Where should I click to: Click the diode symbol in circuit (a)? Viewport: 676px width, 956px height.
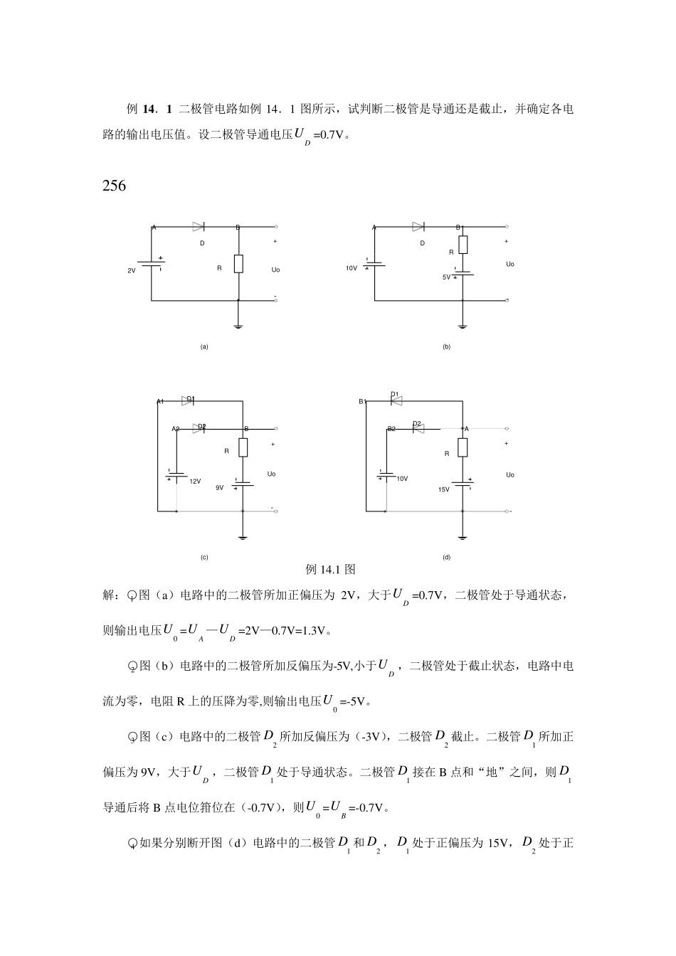pos(199,227)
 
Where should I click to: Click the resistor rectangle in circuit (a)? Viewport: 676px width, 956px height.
pos(238,264)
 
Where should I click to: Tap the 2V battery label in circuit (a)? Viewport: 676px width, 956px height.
pos(131,271)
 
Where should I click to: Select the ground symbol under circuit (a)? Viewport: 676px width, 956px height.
pos(238,326)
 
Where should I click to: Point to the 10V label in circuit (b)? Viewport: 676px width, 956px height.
pos(351,269)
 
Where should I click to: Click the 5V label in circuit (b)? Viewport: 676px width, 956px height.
pos(446,277)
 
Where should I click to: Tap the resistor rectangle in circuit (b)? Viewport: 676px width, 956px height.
pos(463,245)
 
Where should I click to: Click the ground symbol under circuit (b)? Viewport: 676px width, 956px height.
pos(463,326)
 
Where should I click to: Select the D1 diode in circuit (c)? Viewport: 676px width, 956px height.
pos(188,401)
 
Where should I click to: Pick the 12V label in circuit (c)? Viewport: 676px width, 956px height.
pos(195,482)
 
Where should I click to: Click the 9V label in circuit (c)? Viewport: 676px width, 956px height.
pos(219,488)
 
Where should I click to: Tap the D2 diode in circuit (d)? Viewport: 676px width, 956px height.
pos(418,428)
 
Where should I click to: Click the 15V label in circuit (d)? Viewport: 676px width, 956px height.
pos(443,489)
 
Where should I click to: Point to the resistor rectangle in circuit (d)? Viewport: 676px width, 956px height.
pos(463,447)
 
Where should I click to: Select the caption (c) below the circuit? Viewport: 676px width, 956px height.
pos(204,558)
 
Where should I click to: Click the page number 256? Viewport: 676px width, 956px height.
pos(114,186)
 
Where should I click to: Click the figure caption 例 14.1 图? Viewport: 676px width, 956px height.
pos(330,570)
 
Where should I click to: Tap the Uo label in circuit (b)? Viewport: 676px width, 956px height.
pos(509,265)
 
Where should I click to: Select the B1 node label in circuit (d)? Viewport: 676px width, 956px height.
pos(362,402)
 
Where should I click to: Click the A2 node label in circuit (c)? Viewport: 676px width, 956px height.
pos(176,430)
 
